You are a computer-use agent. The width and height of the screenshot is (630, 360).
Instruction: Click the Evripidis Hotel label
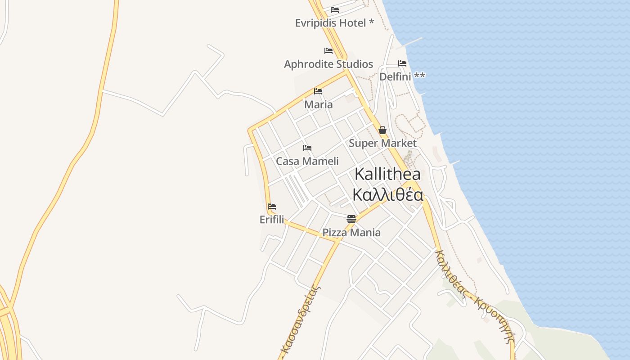(x=334, y=23)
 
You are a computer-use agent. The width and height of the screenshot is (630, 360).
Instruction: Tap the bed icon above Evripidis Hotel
(x=335, y=9)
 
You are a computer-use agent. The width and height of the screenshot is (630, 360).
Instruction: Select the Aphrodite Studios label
(x=328, y=64)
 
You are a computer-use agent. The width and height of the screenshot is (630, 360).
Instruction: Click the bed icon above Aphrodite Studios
(x=328, y=50)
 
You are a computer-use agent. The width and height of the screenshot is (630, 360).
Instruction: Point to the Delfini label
(x=402, y=76)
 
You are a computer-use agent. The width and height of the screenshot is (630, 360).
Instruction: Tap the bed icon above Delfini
(x=402, y=63)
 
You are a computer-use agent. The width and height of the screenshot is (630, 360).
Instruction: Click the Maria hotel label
(x=319, y=105)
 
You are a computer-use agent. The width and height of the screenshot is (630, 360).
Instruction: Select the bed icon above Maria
(x=318, y=91)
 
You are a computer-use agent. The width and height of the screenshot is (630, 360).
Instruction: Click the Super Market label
(x=382, y=144)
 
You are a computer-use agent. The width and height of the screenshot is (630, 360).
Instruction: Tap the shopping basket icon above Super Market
(x=382, y=130)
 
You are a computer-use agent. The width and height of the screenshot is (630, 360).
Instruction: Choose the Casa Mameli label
(x=307, y=161)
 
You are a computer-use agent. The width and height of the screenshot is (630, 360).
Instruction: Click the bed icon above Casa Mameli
(x=307, y=148)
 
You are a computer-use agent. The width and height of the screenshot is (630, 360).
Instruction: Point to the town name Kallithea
(x=387, y=174)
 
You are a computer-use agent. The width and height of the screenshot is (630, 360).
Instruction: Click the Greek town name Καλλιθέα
(x=387, y=195)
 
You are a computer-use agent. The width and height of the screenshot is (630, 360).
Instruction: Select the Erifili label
(x=272, y=220)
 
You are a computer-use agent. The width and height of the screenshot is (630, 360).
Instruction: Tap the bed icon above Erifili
(x=272, y=207)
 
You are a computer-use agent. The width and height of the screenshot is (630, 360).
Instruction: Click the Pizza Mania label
(x=351, y=233)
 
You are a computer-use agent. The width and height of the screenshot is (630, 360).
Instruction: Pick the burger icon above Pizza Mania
(x=351, y=219)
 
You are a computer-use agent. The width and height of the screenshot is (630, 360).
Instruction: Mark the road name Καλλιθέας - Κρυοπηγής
(x=475, y=297)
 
